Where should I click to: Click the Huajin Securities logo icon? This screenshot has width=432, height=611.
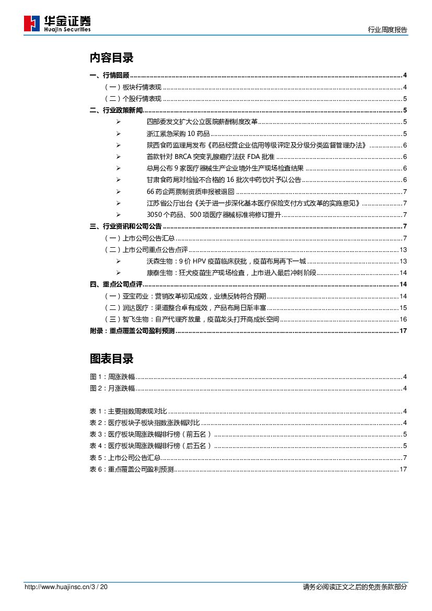coord(32,24)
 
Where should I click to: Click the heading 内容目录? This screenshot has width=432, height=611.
coord(111,57)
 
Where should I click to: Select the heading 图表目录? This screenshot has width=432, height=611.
coord(111,359)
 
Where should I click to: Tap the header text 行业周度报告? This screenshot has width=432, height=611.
coord(388,30)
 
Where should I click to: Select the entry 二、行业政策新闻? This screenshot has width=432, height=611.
coord(116,110)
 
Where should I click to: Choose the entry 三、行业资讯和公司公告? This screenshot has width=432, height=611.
coord(126,226)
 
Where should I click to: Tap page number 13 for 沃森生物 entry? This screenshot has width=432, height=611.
coord(403,261)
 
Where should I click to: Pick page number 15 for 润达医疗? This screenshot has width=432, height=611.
coord(403,307)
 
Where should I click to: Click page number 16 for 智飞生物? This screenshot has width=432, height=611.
coord(403,319)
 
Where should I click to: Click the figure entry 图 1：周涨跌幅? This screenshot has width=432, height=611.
coord(112,377)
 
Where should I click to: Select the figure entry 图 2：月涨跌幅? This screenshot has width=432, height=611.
coord(112,388)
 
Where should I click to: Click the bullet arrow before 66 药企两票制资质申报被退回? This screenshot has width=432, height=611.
coord(119,191)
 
